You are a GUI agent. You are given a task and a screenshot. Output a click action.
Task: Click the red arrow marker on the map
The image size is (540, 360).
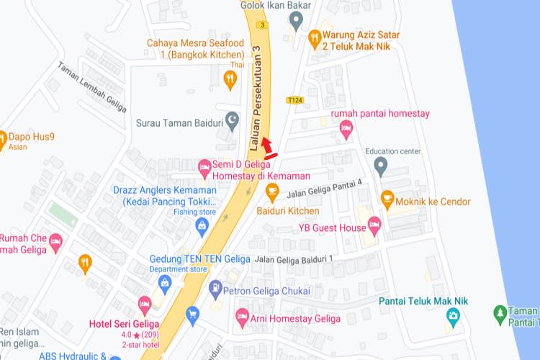point(267,147)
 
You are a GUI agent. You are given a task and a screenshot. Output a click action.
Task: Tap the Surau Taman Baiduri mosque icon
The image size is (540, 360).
point(232,120)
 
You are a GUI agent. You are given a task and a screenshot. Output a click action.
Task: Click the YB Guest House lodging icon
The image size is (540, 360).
point(374,225)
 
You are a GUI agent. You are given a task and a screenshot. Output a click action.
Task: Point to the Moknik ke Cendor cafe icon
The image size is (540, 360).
point(387,198)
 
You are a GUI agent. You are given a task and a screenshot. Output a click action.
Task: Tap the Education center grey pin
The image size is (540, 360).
point(381,166)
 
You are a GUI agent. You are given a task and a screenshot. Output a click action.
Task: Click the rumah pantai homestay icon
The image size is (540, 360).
point(346,130)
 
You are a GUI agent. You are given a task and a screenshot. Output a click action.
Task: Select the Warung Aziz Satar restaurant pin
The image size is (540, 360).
point(314,37)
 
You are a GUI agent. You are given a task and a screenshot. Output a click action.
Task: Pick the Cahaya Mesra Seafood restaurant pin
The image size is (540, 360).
point(230,80)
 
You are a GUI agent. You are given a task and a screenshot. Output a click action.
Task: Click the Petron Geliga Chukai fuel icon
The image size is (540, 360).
point(215,289)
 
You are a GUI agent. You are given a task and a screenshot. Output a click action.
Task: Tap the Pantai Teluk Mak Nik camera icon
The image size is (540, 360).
point(453,315)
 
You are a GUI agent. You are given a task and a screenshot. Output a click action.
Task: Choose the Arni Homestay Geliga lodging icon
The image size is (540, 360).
point(243,316)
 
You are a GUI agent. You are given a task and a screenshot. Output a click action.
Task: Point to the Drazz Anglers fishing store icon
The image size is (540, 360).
point(202,226)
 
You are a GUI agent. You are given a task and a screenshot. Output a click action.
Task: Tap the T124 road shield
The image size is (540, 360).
point(294,100)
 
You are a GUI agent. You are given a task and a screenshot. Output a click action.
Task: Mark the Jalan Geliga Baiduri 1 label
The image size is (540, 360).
point(294,258)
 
